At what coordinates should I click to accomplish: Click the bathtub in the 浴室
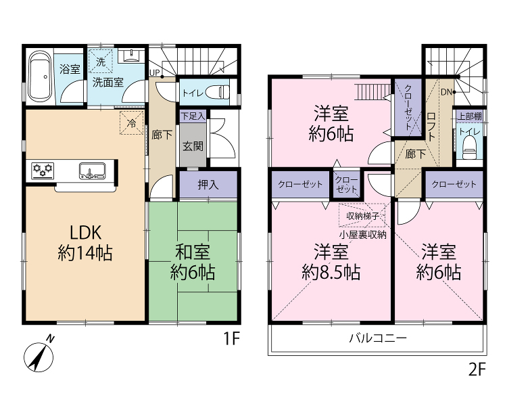point(40,77)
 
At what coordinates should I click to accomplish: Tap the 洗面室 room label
point(108,83)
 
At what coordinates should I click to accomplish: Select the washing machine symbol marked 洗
point(101,61)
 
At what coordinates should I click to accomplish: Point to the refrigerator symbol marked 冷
point(132,122)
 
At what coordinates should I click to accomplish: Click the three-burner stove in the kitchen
point(43,171)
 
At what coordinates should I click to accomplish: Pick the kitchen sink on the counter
point(93,171)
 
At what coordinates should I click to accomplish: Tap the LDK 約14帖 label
point(85,243)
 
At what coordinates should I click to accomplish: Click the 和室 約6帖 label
point(193,263)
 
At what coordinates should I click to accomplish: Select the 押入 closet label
point(208,185)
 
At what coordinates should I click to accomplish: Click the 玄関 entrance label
point(193,146)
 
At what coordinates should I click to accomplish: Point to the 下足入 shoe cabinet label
point(193,116)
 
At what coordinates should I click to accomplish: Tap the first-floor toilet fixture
point(220,91)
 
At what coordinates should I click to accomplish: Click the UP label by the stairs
point(154,73)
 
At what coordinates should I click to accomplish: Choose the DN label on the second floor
point(446,92)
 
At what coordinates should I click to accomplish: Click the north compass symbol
point(39,354)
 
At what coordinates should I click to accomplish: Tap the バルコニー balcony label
point(378,338)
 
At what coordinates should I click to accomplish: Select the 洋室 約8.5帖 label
point(331,263)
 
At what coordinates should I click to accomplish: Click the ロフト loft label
point(431,127)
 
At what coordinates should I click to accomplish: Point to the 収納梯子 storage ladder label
point(362,216)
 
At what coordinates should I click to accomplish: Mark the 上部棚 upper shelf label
point(470,116)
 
